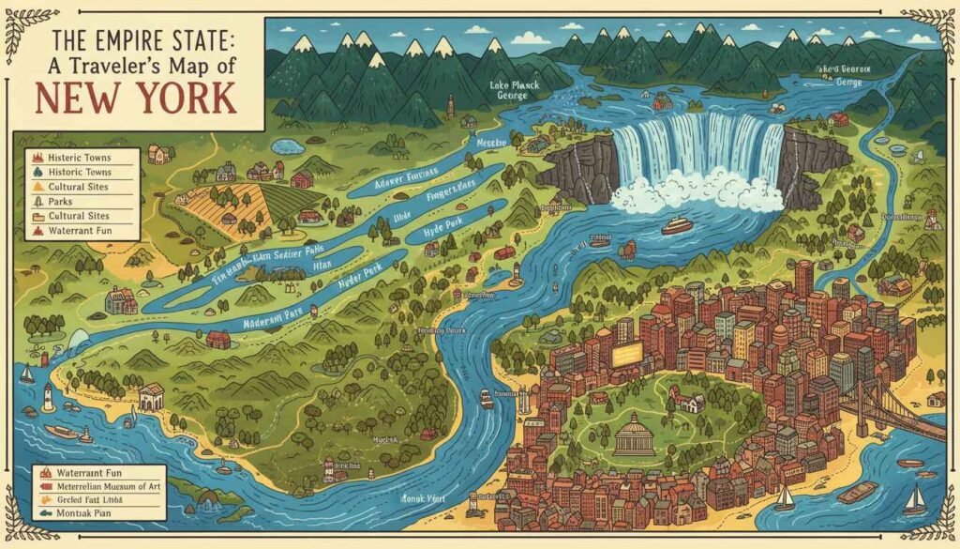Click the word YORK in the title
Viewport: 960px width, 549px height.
(186, 98)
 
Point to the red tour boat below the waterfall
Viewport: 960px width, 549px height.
(677, 226)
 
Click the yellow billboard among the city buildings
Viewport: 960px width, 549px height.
(627, 354)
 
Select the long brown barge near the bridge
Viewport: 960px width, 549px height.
(858, 492)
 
